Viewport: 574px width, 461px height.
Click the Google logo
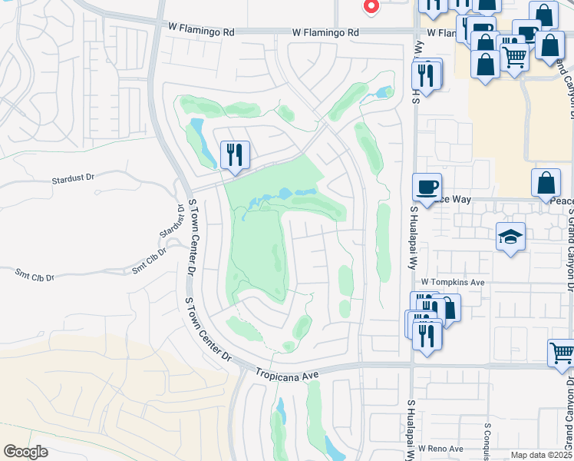coord(25,452)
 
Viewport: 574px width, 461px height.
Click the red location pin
coord(371,6)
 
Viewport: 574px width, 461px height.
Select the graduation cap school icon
coord(510,238)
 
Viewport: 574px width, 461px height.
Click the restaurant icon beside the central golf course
coord(235,154)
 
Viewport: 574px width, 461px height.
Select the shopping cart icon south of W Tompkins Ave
coord(562,353)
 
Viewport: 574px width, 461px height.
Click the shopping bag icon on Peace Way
coord(546,183)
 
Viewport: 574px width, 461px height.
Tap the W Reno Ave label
coord(440,448)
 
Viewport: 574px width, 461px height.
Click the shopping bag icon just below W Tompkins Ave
coord(447,309)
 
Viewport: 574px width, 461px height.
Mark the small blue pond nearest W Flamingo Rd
coord(381,94)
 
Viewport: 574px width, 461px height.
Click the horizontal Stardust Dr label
coord(73,178)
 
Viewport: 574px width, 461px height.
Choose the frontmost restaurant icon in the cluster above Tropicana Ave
coord(427,336)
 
